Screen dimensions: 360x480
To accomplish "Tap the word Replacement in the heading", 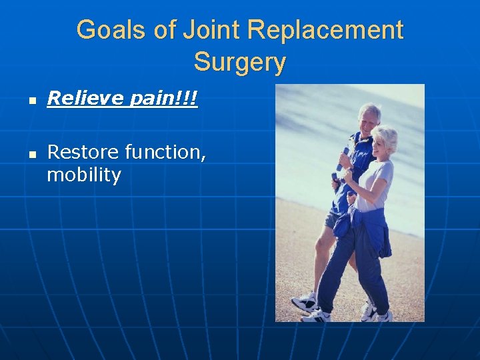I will [x=326, y=30].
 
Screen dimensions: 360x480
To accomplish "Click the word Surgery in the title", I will [x=240, y=63].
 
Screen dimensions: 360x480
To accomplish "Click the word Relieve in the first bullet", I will [x=81, y=99].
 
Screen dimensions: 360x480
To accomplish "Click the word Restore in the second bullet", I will [x=82, y=152].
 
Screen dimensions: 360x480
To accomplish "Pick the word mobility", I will [x=84, y=176].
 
